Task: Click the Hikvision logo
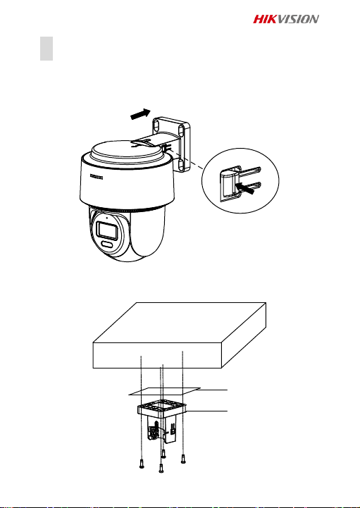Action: tap(286, 19)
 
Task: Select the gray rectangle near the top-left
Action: tap(46, 49)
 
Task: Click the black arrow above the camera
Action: tap(141, 114)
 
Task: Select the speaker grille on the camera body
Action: tap(97, 178)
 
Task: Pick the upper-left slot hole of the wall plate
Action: tap(156, 124)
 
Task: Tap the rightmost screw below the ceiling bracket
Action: tap(183, 459)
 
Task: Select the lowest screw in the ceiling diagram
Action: tap(161, 469)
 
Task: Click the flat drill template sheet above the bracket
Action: tap(165, 391)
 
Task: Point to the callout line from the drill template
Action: tap(214, 390)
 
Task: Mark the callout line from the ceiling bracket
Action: tap(207, 411)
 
